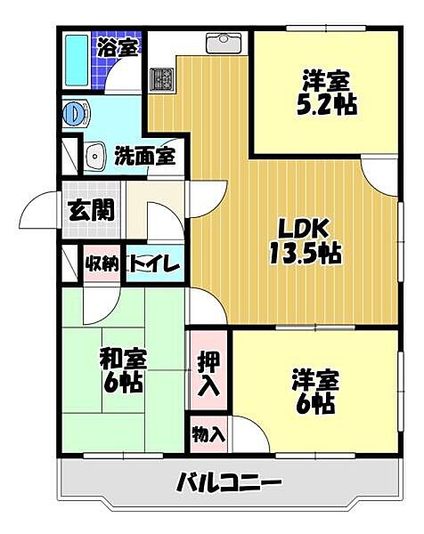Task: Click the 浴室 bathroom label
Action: [118, 45]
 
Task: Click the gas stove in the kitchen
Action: [162, 79]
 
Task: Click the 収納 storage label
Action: [102, 263]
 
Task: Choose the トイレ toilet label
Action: [155, 263]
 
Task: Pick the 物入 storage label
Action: [208, 436]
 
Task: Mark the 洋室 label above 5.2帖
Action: [325, 77]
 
